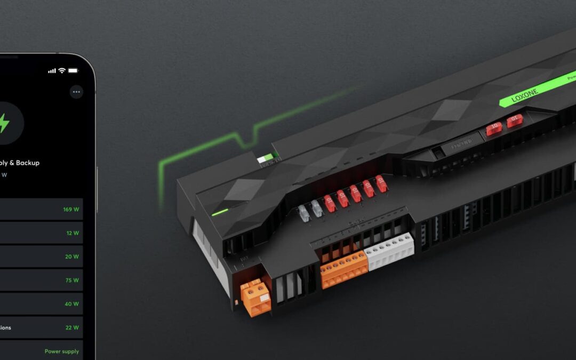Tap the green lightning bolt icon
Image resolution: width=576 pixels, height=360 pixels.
[4, 123]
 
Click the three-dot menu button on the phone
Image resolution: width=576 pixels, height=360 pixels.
[76, 92]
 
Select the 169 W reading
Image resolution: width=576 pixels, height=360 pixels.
[71, 210]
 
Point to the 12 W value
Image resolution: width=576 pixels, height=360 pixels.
[73, 233]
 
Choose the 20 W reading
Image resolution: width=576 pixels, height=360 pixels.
[72, 257]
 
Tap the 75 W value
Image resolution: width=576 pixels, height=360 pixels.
[72, 280]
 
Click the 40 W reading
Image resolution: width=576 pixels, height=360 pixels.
[72, 304]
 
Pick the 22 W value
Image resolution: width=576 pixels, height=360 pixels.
[72, 327]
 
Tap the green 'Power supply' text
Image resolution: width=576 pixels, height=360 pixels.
[62, 351]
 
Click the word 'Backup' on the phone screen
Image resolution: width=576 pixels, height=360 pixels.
[28, 163]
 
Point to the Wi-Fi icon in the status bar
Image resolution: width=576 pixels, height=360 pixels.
[62, 70]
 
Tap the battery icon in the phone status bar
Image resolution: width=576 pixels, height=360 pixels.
[73, 70]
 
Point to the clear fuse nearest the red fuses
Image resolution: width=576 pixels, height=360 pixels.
[317, 209]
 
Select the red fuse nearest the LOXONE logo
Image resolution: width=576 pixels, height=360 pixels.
[515, 121]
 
